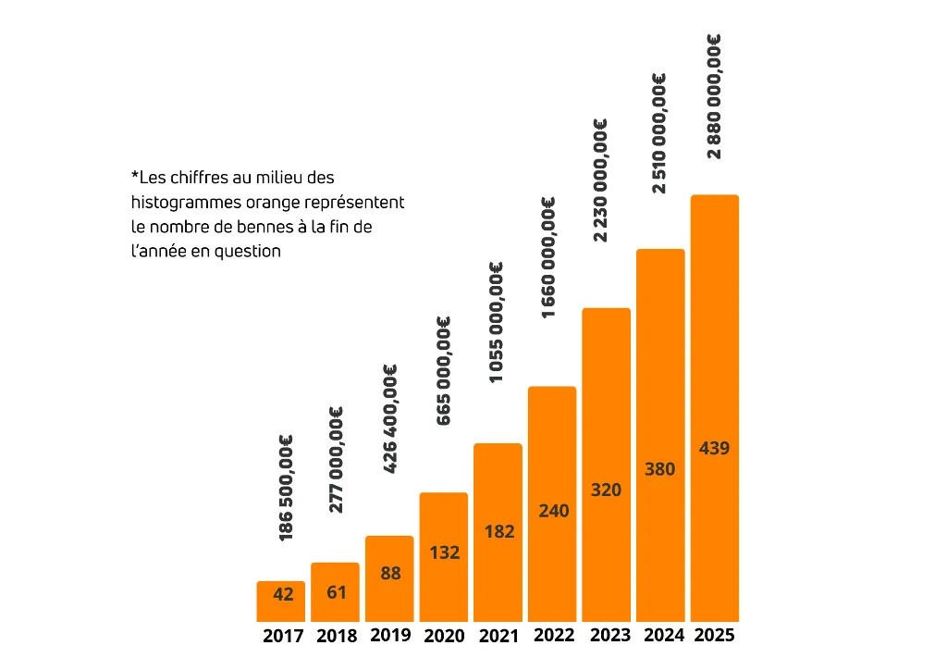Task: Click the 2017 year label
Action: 282,636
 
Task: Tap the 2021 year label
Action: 498,636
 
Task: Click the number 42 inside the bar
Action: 283,594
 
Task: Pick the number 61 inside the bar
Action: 337,592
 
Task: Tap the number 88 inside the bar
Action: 390,573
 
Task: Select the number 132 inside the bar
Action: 444,552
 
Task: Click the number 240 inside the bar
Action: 553,511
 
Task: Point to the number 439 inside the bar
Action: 715,449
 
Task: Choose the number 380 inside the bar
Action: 659,469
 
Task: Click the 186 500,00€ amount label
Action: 287,488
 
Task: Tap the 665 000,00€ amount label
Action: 444,370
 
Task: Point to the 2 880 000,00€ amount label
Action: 713,96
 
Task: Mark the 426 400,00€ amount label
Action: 390,418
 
